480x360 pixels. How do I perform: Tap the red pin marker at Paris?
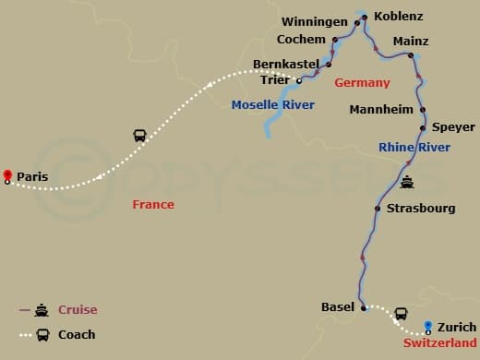point(7,175)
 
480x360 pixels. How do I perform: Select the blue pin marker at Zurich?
point(427,326)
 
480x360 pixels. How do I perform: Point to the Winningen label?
point(316,21)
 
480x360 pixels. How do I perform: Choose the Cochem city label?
point(301,40)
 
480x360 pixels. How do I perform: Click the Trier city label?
point(274,80)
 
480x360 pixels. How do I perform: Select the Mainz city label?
point(411,42)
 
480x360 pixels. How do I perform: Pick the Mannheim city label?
point(380,110)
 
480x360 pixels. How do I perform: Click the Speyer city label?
point(452,127)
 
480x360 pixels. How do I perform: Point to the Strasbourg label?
point(421,208)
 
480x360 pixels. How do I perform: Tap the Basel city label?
point(338,306)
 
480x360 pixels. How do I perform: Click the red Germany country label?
point(362,83)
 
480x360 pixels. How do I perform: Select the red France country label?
point(153,205)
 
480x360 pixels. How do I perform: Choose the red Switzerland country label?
point(439,342)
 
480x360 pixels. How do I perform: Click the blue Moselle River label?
point(272,104)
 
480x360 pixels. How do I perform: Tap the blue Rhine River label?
point(414,148)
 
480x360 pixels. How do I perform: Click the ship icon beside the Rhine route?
point(407,182)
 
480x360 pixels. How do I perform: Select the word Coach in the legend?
point(77,335)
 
